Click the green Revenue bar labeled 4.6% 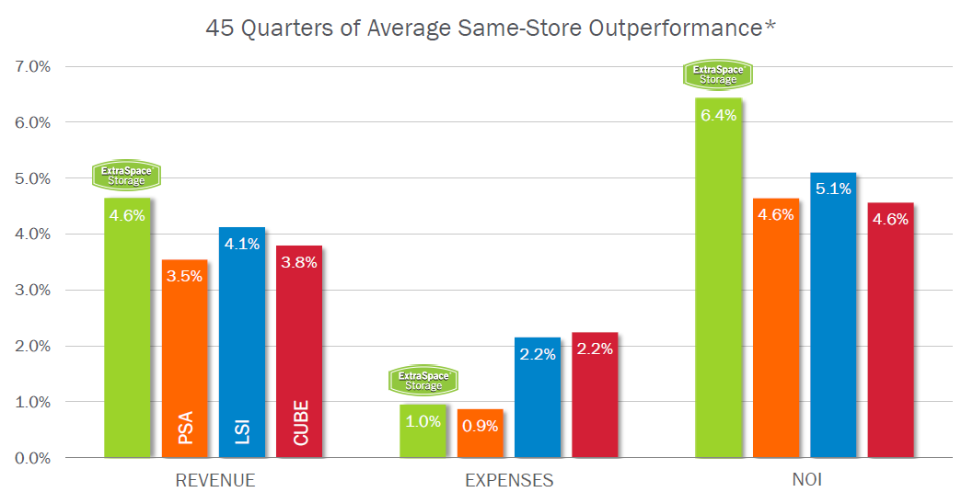[127, 331]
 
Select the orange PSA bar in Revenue [185, 359]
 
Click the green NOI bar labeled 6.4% [718, 285]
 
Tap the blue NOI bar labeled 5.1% [833, 322]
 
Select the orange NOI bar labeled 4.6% [776, 331]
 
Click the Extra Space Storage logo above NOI [718, 74]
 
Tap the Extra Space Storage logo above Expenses [423, 380]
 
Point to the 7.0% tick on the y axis [32, 67]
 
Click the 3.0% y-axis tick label [32, 291]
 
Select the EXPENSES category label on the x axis [509, 480]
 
